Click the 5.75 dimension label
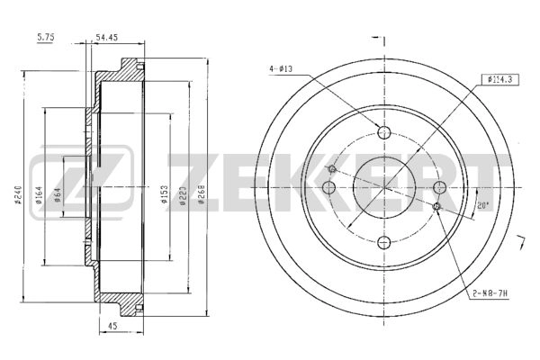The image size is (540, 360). click(46, 37)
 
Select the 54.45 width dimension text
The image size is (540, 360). click(106, 37)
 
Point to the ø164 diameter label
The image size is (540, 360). click(39, 195)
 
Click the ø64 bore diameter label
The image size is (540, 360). click(58, 194)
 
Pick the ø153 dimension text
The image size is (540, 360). click(165, 195)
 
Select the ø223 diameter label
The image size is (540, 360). click(183, 195)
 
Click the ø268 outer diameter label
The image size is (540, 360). click(202, 195)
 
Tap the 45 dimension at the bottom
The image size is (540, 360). click(112, 326)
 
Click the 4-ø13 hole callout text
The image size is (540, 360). click(281, 69)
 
